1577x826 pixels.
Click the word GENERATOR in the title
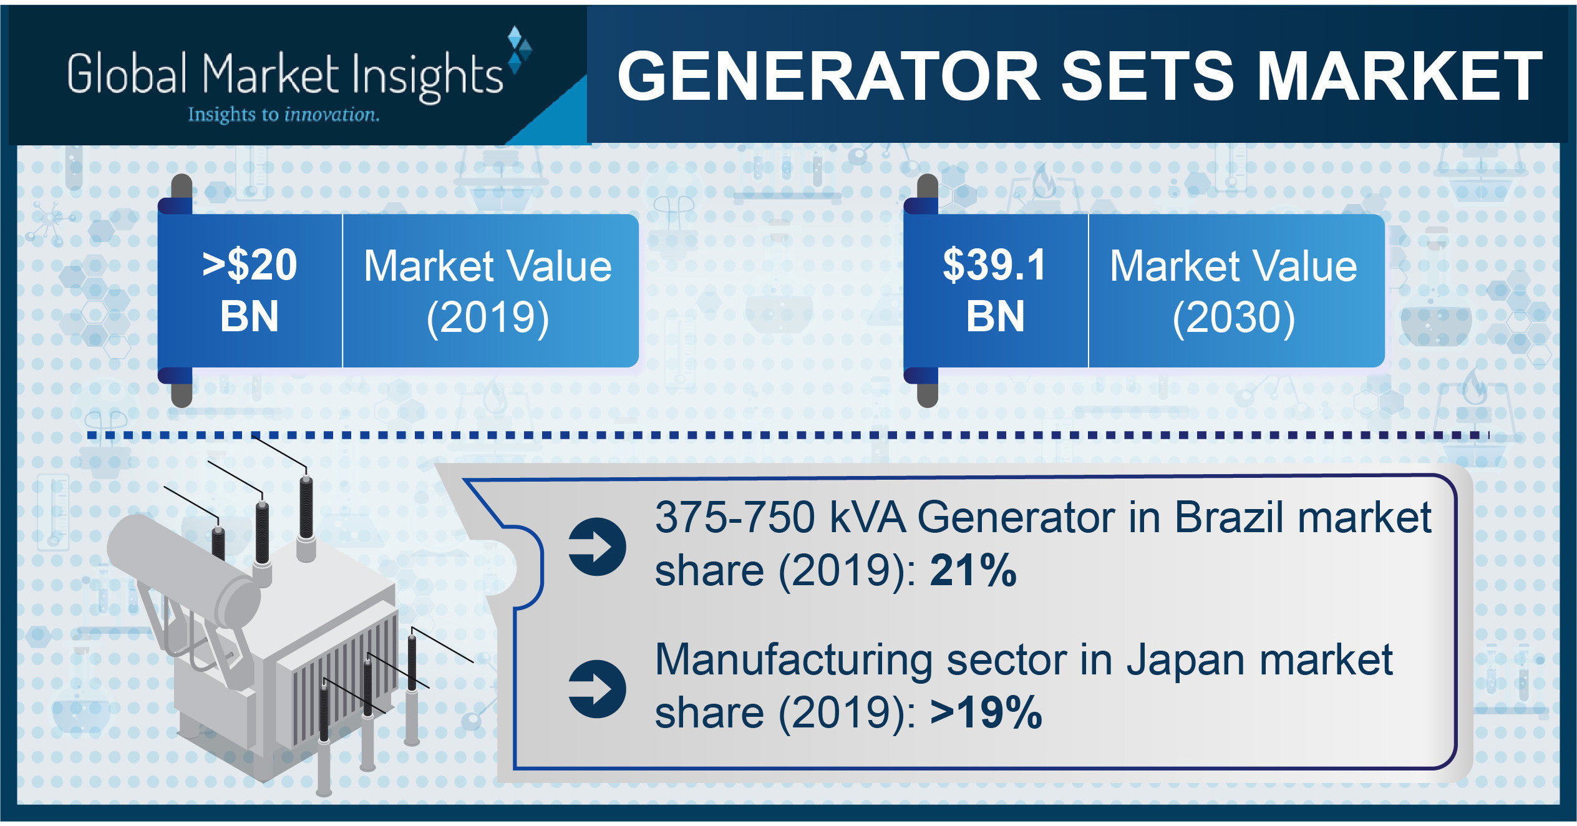point(829,76)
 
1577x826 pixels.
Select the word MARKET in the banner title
point(1400,76)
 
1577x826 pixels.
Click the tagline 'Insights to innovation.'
point(284,115)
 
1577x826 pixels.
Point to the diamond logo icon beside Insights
point(520,50)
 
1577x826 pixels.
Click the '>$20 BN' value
point(250,291)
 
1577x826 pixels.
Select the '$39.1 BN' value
point(995,291)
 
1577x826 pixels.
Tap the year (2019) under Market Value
point(488,318)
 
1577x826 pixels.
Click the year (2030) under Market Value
point(1234,318)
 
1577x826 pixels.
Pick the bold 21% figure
point(973,571)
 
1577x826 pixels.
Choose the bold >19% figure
point(986,712)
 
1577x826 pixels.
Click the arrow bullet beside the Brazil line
point(597,547)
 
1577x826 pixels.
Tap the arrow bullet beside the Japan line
point(597,689)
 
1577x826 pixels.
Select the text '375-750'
point(735,518)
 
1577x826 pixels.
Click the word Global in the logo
point(127,74)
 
